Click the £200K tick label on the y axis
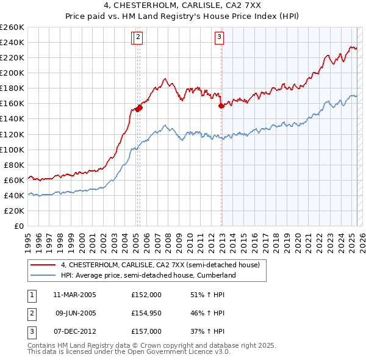pos(12,73)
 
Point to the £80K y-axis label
pos(14,165)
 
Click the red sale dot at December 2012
pos(221,106)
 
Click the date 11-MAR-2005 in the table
pos(74,294)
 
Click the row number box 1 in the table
pos(31,294)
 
